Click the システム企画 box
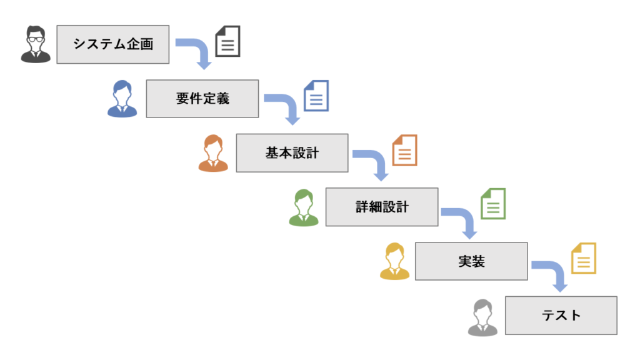[x=112, y=44]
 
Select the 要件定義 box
[x=202, y=99]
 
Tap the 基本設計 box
[x=292, y=152]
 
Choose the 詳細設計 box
[x=381, y=207]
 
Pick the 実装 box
[x=471, y=261]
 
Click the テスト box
[x=561, y=315]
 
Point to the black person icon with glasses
[x=35, y=44]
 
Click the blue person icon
[x=122, y=99]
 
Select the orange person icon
[x=213, y=153]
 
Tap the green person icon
[x=304, y=207]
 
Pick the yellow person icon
[x=394, y=261]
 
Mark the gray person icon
[x=482, y=317]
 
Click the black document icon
[x=228, y=41]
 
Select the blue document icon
[x=316, y=96]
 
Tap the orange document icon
[x=404, y=150]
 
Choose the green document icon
[x=493, y=204]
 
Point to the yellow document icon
[x=584, y=258]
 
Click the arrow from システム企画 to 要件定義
[x=197, y=51]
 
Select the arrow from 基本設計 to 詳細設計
[x=374, y=160]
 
